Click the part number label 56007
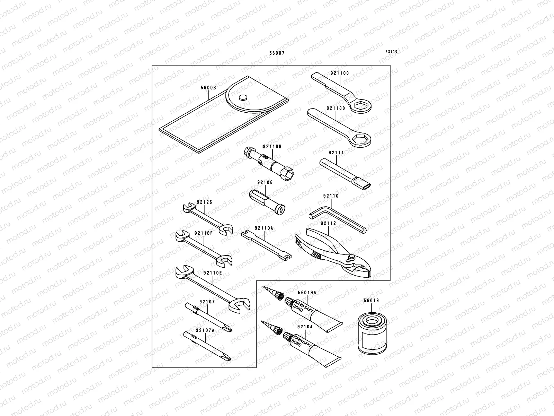point(277,54)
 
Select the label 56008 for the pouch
point(208,88)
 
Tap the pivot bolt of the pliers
point(352,257)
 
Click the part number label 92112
point(328,223)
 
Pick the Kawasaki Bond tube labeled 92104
point(312,347)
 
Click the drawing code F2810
point(392,51)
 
